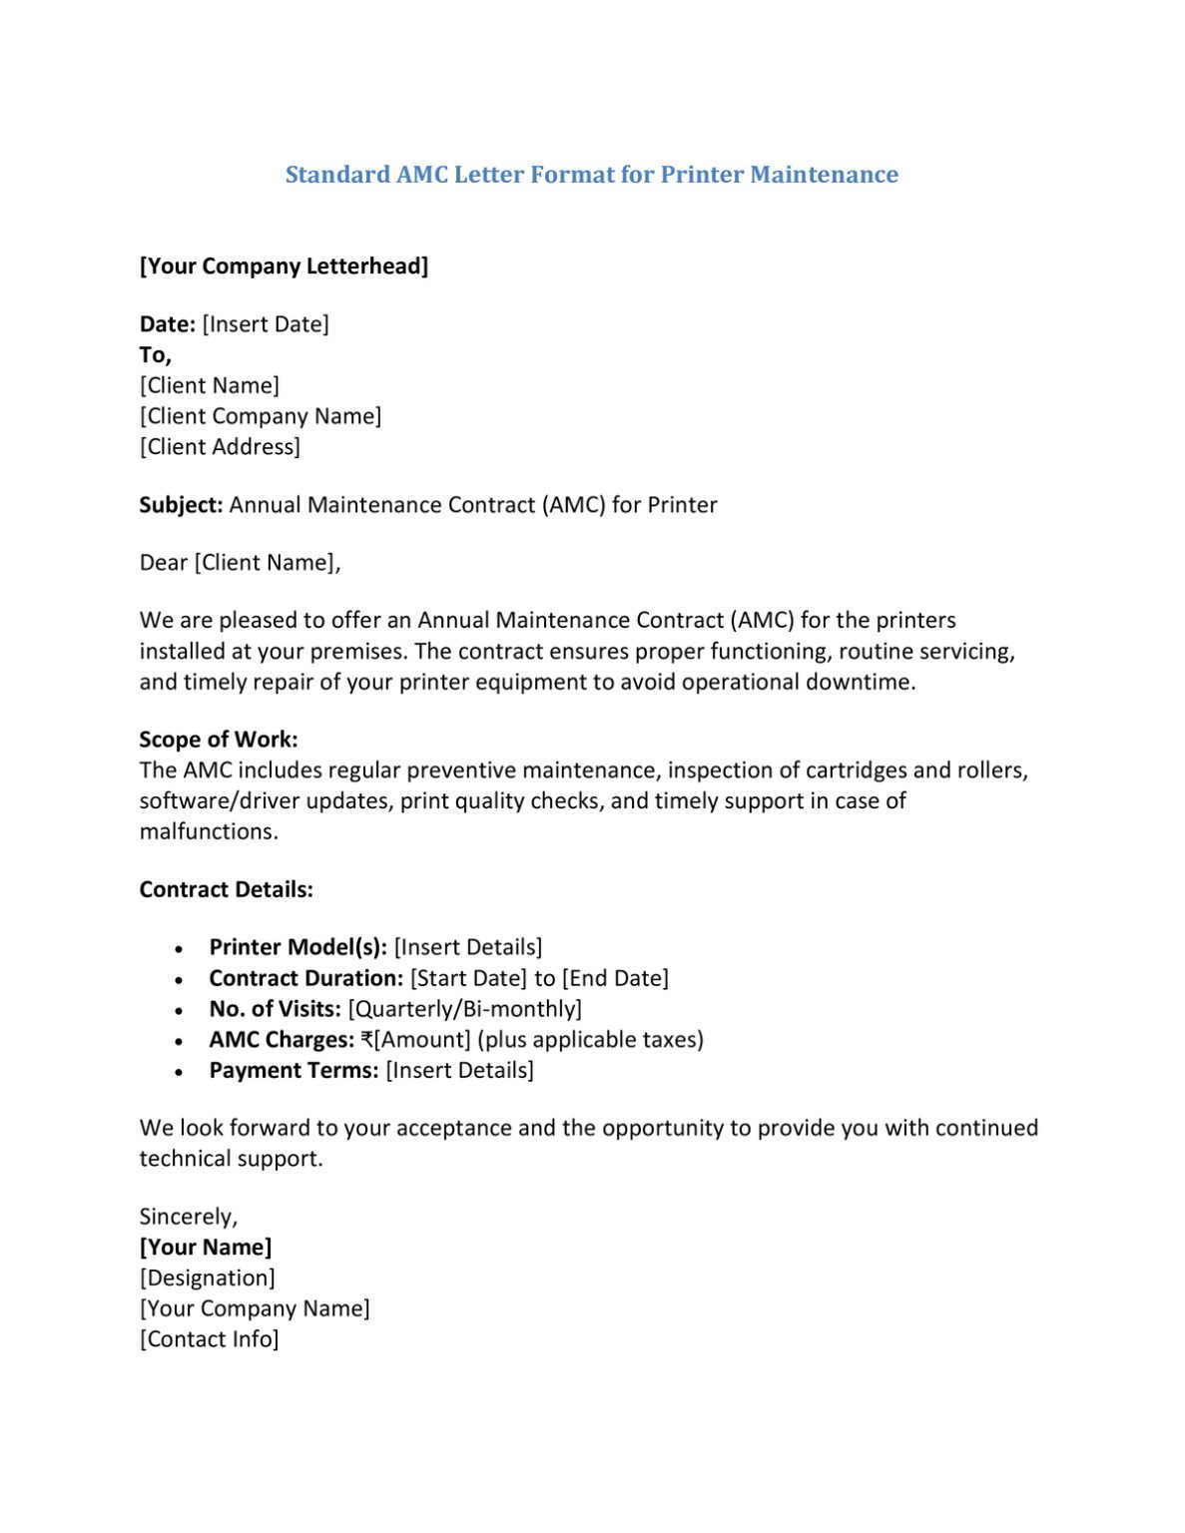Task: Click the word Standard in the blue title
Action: point(337,175)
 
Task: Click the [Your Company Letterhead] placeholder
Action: point(284,266)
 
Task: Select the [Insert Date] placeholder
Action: point(266,324)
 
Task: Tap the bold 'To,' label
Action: point(155,355)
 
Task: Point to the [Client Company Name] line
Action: point(261,416)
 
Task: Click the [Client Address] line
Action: point(220,447)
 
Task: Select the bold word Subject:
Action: point(181,505)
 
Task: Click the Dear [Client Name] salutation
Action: point(240,563)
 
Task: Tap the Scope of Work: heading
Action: point(219,740)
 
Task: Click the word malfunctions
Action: point(209,831)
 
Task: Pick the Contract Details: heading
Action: point(226,889)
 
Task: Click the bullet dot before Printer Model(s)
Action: point(179,949)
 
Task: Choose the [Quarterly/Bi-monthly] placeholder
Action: point(464,1009)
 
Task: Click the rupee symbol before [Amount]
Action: point(367,1040)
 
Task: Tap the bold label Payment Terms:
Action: point(294,1071)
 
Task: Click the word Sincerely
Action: point(188,1217)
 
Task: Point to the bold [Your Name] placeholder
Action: point(206,1248)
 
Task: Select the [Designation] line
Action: point(208,1278)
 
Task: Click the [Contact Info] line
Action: point(210,1339)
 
